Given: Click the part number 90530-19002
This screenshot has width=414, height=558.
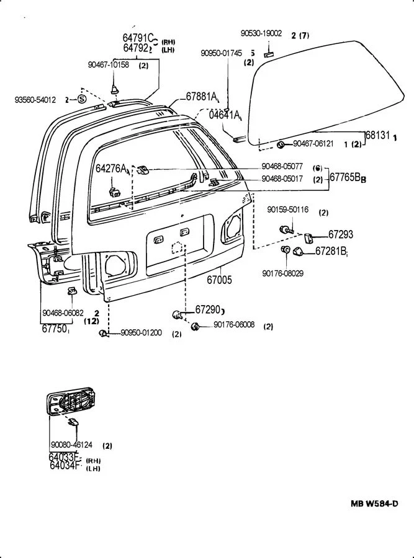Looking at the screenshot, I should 261,33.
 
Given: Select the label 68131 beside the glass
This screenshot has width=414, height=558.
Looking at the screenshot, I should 377,135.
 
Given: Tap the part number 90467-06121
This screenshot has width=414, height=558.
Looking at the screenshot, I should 313,144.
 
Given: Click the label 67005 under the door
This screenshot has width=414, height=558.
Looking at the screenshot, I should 219,280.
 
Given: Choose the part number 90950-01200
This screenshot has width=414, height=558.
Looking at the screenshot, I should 141,333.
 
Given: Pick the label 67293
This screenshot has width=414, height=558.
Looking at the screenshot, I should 340,234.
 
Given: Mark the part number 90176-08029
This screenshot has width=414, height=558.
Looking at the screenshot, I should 282,273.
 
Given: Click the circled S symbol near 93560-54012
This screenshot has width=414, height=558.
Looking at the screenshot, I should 81,99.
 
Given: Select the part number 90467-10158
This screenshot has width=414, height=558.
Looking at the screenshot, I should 109,64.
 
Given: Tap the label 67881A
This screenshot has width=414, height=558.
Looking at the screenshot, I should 202,97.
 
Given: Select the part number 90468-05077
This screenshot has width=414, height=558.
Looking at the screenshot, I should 282,167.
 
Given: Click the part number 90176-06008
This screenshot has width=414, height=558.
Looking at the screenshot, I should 234,325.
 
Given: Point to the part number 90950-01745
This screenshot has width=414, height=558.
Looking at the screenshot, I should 221,53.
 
